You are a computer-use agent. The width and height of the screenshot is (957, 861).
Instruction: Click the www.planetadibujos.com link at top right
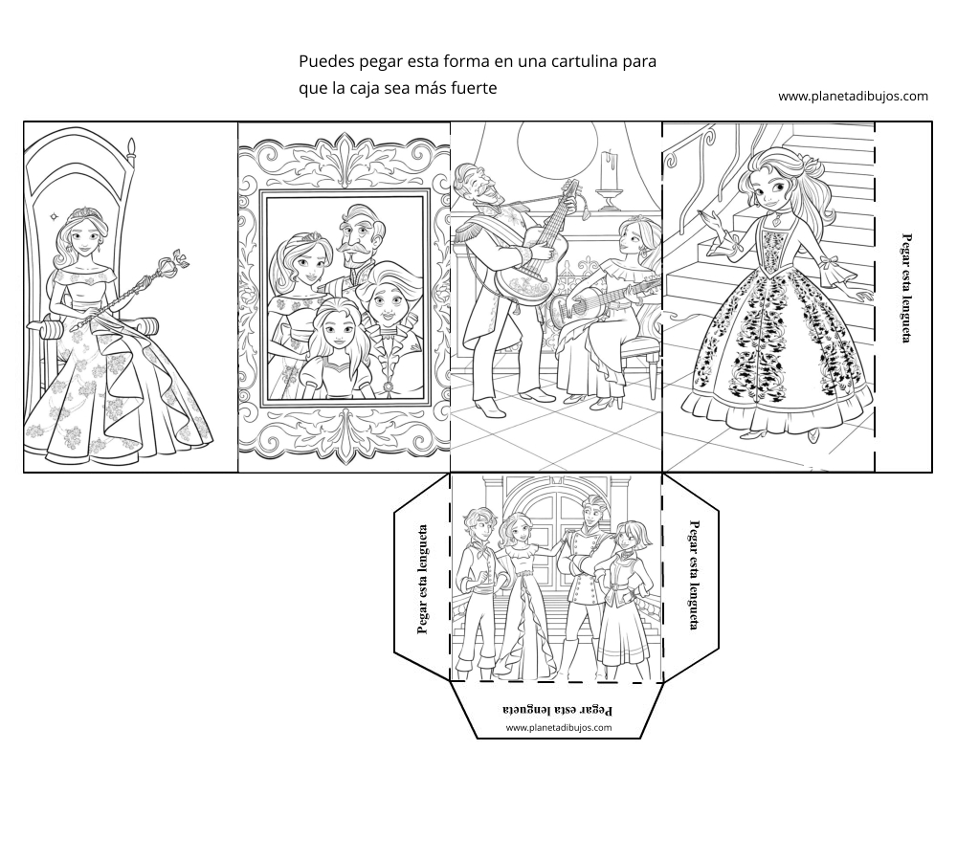click(853, 96)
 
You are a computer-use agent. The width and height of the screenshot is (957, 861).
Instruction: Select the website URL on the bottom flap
click(559, 727)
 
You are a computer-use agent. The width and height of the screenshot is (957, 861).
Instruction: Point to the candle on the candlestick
click(609, 170)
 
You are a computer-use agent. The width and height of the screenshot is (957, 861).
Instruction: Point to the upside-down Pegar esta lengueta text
click(557, 709)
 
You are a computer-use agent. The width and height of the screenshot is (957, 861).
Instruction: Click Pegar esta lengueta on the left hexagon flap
click(422, 579)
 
